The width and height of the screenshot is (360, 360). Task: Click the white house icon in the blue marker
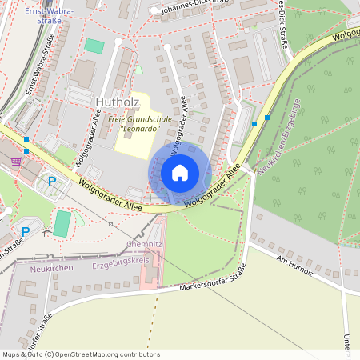180,172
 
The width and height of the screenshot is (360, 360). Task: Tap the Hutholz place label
117,102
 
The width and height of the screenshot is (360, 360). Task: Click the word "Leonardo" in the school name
140,130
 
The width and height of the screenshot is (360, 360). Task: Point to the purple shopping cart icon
16,161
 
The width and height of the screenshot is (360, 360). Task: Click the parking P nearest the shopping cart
52,182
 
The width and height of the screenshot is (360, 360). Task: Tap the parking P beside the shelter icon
25,232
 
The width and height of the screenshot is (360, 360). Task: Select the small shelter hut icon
47,234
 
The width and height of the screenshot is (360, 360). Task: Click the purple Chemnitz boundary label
144,243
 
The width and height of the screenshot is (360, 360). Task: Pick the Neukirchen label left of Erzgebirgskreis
46,270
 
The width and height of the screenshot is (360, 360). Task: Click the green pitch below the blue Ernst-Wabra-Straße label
94,46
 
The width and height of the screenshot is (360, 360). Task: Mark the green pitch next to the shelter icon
62,223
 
